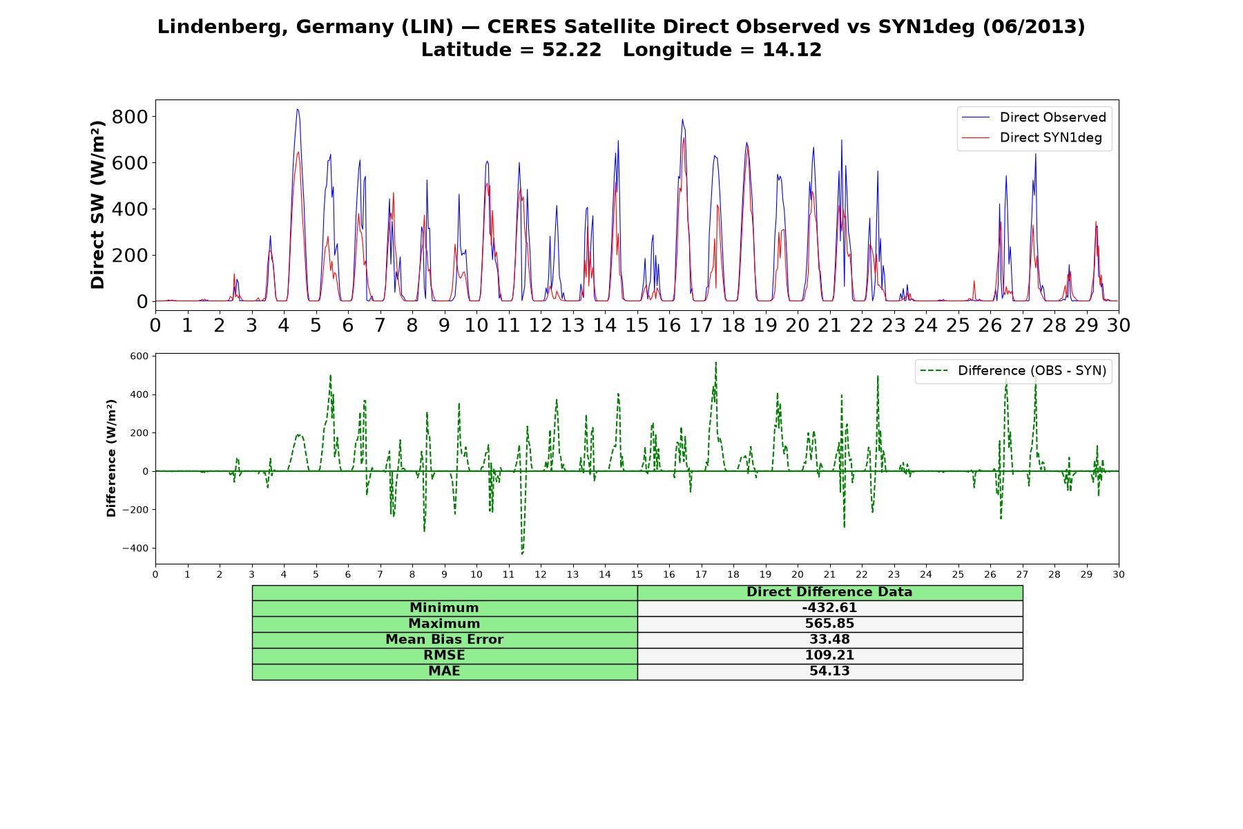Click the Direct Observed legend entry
tap(1034, 117)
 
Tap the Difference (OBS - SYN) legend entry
tap(1013, 371)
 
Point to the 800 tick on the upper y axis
tap(130, 117)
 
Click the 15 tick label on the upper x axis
tap(637, 325)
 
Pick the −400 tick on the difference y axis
tap(135, 549)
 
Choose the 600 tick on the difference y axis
tap(139, 356)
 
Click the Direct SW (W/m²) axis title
tap(97, 204)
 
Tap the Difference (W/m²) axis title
tap(111, 458)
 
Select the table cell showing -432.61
tap(829, 608)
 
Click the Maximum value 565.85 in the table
tap(829, 624)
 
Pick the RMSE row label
tap(444, 656)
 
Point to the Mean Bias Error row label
tap(444, 640)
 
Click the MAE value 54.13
tap(829, 671)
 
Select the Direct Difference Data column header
tap(829, 592)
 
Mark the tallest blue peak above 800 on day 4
tap(297, 109)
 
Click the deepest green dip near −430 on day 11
tap(522, 553)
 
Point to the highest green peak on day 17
tap(716, 363)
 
